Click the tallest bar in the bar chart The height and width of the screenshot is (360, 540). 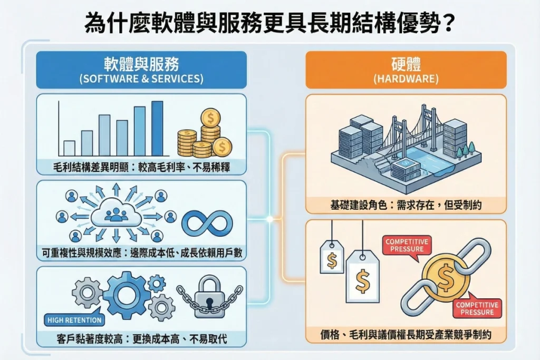(x=157, y=129)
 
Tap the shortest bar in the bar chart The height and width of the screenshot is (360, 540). (x=69, y=148)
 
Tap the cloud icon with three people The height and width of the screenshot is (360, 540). (x=116, y=214)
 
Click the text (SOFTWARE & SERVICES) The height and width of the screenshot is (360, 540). (x=141, y=79)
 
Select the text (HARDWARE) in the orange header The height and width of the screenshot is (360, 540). (x=406, y=79)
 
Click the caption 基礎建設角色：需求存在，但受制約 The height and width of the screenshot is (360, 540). (x=406, y=205)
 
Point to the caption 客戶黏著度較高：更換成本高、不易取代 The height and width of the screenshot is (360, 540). (x=141, y=339)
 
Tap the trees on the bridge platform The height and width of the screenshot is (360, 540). (x=465, y=151)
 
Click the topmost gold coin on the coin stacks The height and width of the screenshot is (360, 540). (x=211, y=119)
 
